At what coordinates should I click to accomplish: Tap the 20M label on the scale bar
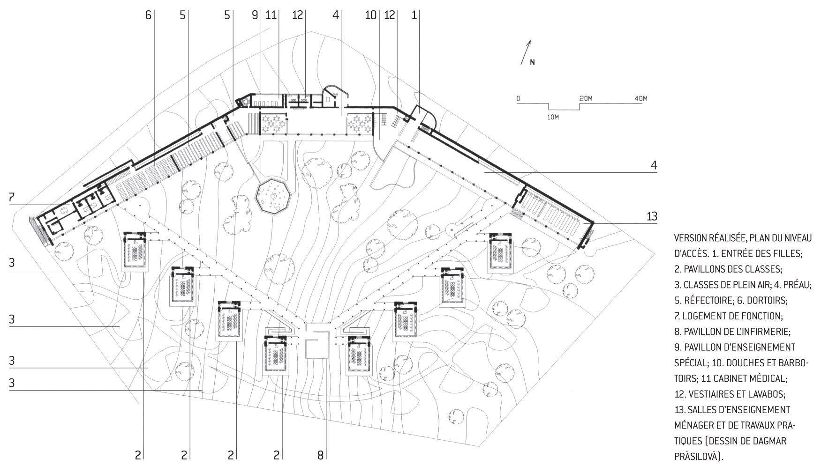(586, 99)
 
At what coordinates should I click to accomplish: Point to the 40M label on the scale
(640, 99)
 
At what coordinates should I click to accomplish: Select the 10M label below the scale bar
(553, 116)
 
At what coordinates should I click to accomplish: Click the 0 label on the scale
(518, 99)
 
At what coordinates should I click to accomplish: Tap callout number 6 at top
(149, 15)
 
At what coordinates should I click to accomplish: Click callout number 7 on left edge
(11, 197)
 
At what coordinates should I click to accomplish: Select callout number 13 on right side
(652, 216)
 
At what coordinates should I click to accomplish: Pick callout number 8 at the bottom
(321, 455)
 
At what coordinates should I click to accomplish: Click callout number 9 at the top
(255, 15)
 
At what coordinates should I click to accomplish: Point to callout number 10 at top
(371, 15)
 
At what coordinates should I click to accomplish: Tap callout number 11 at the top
(271, 15)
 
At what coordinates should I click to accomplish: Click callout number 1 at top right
(414, 15)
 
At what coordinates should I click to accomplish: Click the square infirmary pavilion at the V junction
(317, 348)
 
